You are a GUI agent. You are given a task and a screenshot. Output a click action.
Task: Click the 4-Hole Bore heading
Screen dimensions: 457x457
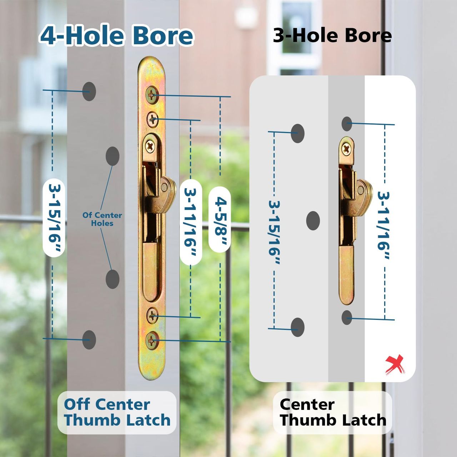pos(116,36)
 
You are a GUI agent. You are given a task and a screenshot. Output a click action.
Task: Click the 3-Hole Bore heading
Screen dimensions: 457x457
pos(332,36)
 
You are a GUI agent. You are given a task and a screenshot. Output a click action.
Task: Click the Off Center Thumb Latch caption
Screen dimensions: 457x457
pos(117,412)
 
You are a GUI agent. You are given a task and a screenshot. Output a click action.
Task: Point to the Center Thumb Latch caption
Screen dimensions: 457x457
pos(333,412)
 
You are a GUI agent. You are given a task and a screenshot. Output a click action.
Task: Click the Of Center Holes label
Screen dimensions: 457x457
pos(102,219)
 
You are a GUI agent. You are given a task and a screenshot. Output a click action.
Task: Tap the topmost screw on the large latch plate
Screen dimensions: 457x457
pos(152,95)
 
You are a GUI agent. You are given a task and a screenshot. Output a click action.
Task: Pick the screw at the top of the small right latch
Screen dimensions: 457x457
pos(346,149)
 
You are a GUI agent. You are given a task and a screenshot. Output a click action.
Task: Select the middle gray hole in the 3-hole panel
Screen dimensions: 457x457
pos(313,220)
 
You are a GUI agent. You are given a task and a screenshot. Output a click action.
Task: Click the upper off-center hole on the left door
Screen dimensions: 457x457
pos(112,156)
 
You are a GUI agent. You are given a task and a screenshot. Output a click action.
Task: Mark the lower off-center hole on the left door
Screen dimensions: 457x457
pos(112,279)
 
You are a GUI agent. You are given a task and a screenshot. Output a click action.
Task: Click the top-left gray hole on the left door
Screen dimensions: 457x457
pos(89,91)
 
